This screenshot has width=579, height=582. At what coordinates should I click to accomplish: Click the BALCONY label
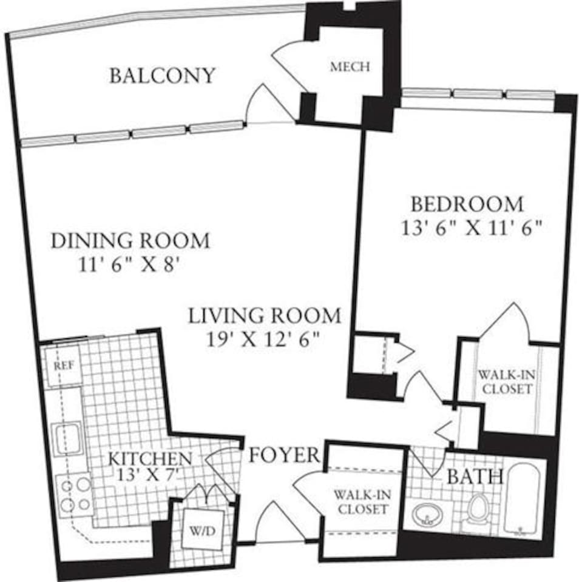[x=162, y=76]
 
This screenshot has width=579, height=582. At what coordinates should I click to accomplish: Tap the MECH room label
[x=350, y=67]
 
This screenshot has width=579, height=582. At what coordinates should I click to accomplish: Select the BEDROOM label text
[x=467, y=203]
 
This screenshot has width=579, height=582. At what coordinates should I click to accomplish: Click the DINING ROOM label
[x=130, y=241]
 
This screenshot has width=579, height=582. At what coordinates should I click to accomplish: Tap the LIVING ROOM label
[x=264, y=316]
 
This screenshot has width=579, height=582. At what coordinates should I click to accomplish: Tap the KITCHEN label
[x=150, y=458]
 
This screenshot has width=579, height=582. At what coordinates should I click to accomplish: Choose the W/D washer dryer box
[x=202, y=531]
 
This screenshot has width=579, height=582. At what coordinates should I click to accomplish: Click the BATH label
[x=475, y=477]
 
